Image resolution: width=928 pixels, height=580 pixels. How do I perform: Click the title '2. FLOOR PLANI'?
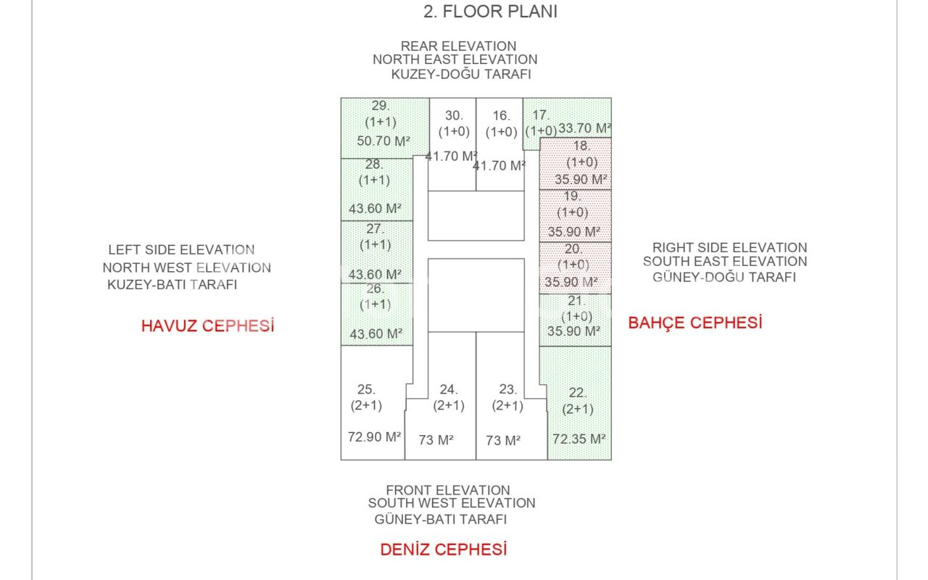tap(490, 12)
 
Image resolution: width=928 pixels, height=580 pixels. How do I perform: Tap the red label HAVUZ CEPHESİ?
tap(207, 326)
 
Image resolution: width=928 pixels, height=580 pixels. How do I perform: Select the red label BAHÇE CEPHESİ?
tap(695, 323)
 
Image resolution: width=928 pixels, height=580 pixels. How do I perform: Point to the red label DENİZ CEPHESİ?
tap(443, 550)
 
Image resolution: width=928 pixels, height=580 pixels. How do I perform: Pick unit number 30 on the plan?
tap(454, 115)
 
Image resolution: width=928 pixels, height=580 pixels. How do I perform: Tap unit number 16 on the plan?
tap(501, 115)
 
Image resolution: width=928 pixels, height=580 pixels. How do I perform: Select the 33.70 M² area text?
tap(584, 128)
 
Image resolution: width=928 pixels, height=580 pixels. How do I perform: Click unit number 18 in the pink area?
tap(582, 146)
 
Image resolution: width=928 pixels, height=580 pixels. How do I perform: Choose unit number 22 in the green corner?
tap(578, 393)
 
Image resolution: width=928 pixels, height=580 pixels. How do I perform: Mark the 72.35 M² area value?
tap(579, 439)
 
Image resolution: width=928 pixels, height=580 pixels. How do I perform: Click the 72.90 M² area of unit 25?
tap(375, 437)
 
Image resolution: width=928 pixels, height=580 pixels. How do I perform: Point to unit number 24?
tap(449, 389)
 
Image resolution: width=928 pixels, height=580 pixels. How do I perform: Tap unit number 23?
tap(507, 389)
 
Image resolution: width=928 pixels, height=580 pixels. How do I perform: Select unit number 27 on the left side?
tap(375, 229)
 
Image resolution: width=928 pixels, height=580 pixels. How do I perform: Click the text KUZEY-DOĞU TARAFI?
tap(461, 75)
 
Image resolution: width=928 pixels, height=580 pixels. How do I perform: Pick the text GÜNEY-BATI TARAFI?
tap(441, 519)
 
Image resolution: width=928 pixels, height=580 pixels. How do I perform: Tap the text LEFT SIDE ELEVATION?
tap(181, 250)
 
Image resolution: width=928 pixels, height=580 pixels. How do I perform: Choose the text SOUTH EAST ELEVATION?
tap(724, 262)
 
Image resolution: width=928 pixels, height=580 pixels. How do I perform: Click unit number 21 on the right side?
tap(576, 301)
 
